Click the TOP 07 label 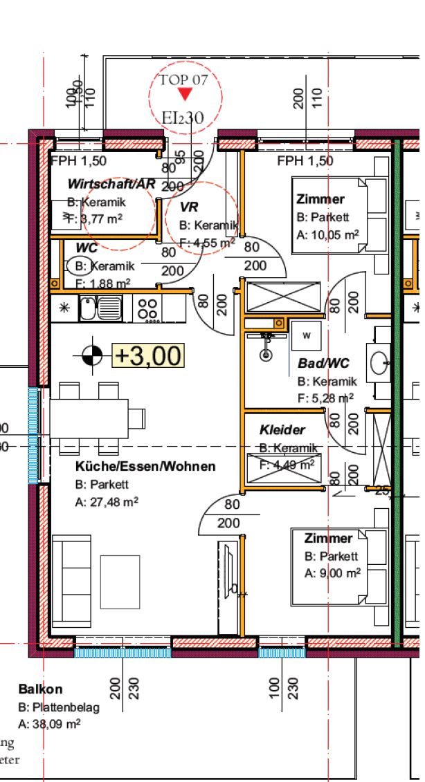click(x=183, y=80)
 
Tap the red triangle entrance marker click(x=184, y=95)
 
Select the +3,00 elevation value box click(x=148, y=355)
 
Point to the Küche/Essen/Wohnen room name click(x=145, y=467)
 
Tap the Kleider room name click(x=282, y=430)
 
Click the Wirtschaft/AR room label click(x=111, y=185)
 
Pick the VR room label click(x=189, y=207)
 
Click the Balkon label click(x=40, y=689)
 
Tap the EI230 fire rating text click(x=183, y=118)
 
